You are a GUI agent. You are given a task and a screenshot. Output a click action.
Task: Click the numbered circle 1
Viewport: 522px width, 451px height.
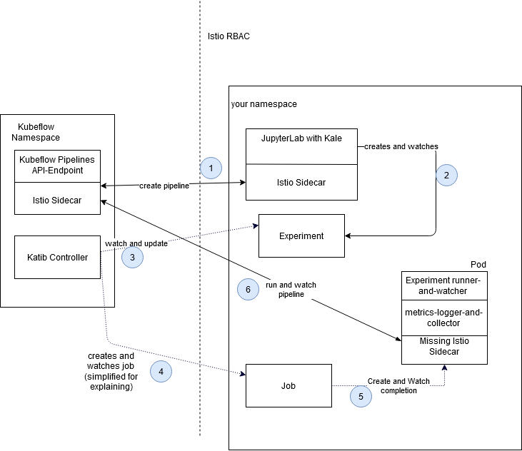click(211, 168)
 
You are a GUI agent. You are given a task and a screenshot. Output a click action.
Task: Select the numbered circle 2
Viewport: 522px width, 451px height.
click(446, 175)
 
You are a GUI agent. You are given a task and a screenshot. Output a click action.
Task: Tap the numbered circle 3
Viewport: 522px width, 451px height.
click(133, 258)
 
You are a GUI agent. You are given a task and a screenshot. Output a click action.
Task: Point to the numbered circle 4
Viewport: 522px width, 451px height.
click(161, 370)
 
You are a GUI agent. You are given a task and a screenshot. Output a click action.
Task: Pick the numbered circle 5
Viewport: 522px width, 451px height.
click(361, 396)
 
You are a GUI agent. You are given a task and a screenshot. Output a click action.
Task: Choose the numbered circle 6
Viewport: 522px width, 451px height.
click(248, 289)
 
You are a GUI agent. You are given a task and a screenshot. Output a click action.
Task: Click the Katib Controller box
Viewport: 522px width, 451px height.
click(58, 257)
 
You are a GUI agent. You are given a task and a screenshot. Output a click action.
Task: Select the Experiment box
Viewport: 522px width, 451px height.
click(301, 235)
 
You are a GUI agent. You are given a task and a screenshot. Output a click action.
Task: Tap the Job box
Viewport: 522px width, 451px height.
click(288, 385)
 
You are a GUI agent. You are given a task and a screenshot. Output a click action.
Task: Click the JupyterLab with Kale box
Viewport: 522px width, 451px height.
click(301, 146)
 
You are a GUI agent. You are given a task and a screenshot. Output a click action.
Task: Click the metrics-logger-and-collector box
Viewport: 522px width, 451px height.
click(444, 318)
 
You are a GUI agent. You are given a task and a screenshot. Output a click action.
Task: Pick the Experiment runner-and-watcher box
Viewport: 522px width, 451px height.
click(444, 285)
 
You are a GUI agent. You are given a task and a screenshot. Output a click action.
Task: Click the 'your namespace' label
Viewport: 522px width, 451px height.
click(263, 104)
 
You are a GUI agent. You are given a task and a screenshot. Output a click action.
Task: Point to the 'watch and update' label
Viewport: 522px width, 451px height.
click(136, 243)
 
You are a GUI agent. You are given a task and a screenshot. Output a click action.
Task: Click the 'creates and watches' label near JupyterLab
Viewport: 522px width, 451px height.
click(401, 146)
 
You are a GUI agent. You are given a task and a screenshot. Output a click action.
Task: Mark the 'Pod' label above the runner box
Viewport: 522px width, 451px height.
click(478, 265)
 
